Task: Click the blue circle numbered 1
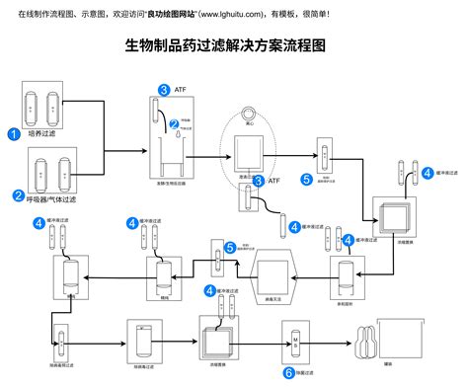point(13,133)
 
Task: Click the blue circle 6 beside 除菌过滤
point(288,373)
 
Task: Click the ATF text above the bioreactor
point(179,90)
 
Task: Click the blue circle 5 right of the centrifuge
point(306,180)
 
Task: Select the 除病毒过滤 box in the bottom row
point(143,341)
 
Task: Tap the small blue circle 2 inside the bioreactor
point(174,123)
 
